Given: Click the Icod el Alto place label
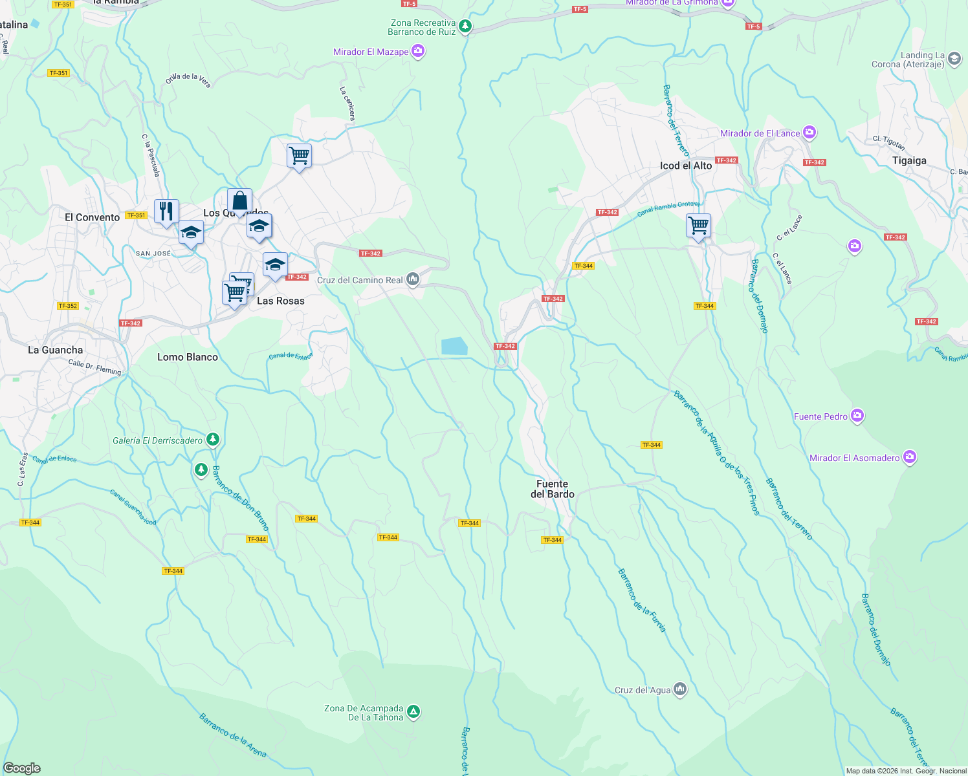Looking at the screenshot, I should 685,166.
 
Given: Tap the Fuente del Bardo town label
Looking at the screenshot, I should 552,489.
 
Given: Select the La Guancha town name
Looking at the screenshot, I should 55,350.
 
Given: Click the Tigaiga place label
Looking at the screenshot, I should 909,160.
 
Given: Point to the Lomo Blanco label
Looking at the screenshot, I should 188,357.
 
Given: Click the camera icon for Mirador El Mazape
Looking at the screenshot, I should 418,51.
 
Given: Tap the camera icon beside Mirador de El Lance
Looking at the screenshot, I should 809,133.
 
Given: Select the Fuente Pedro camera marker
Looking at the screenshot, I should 857,416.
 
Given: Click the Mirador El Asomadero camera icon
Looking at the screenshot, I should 910,457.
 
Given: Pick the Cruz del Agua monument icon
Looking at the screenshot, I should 679,689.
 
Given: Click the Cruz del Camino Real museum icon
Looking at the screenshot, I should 413,279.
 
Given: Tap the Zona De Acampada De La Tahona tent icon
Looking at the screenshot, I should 413,712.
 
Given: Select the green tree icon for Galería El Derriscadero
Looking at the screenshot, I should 212,440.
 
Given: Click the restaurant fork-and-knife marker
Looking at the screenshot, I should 166,211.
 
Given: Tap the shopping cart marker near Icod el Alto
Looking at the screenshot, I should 698,226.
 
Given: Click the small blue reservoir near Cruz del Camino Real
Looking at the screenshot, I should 454,346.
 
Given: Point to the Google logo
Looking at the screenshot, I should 21,768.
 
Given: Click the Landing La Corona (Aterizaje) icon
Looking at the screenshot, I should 954,59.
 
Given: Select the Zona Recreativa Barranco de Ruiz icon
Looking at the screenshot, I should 465,27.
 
